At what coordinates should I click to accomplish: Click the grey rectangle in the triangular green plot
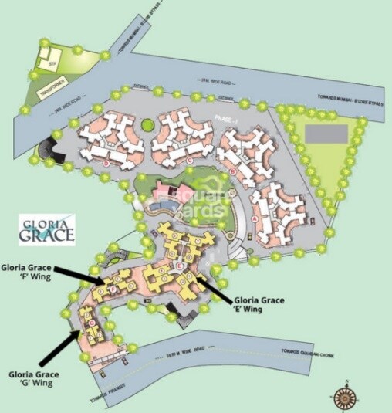click(325, 133)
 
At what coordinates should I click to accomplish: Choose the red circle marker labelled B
click(232, 172)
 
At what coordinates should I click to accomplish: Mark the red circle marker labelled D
click(104, 164)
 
